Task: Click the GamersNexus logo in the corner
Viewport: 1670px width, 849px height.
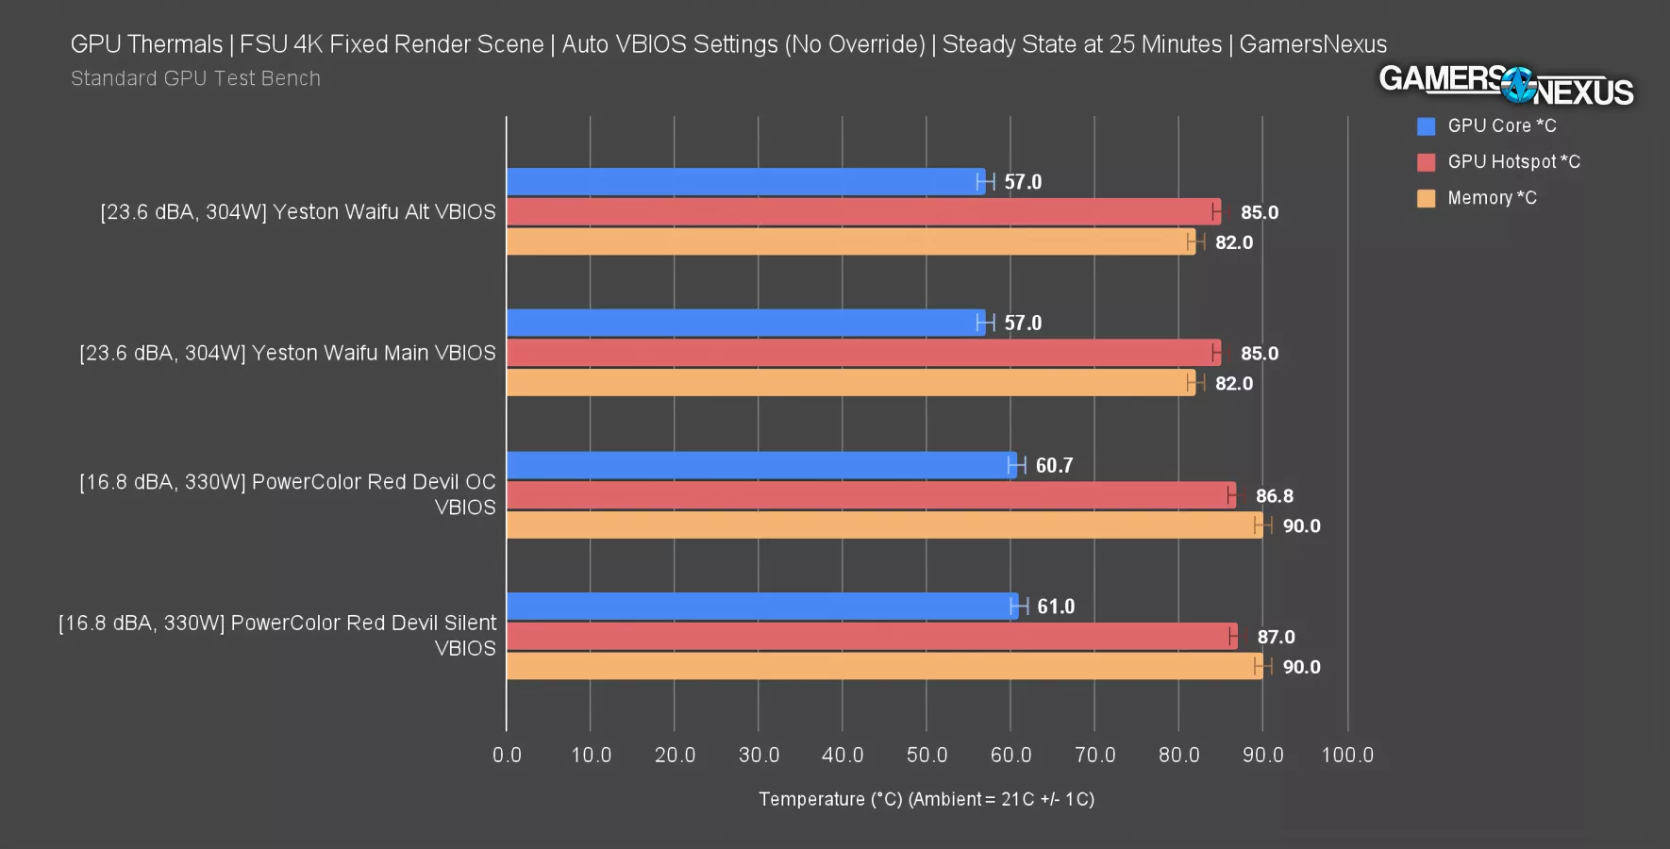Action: [x=1506, y=85]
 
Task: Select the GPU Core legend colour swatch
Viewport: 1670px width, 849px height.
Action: [x=1426, y=126]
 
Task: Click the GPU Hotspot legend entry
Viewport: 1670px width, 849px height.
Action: [x=1512, y=162]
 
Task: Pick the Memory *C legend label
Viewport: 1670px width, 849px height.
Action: [x=1492, y=198]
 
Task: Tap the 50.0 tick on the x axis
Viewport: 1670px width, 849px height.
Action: [x=927, y=755]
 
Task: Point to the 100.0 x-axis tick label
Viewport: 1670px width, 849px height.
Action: [x=1347, y=755]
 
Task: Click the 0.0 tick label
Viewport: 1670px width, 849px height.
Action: [x=507, y=755]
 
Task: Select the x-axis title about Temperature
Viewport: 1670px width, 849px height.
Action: [x=926, y=799]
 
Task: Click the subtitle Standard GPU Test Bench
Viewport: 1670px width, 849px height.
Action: [x=195, y=78]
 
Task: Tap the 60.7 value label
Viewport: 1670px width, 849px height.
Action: [x=1054, y=465]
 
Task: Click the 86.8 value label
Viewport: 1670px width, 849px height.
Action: [x=1274, y=496]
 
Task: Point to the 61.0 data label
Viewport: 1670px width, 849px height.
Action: [x=1056, y=607]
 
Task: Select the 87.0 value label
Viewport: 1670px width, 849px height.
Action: [x=1276, y=637]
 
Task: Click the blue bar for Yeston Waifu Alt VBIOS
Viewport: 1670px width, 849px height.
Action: [x=745, y=182]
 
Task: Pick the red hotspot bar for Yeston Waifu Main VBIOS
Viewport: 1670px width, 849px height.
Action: [x=863, y=353]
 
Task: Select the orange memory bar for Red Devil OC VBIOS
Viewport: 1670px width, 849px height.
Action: [x=884, y=525]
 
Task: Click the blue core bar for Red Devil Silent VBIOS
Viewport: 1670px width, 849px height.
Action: [x=762, y=607]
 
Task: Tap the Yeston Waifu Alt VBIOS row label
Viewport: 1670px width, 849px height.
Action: [x=298, y=212]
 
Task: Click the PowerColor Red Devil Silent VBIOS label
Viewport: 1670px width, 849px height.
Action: [x=277, y=635]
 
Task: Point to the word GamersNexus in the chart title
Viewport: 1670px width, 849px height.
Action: [x=1312, y=44]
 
